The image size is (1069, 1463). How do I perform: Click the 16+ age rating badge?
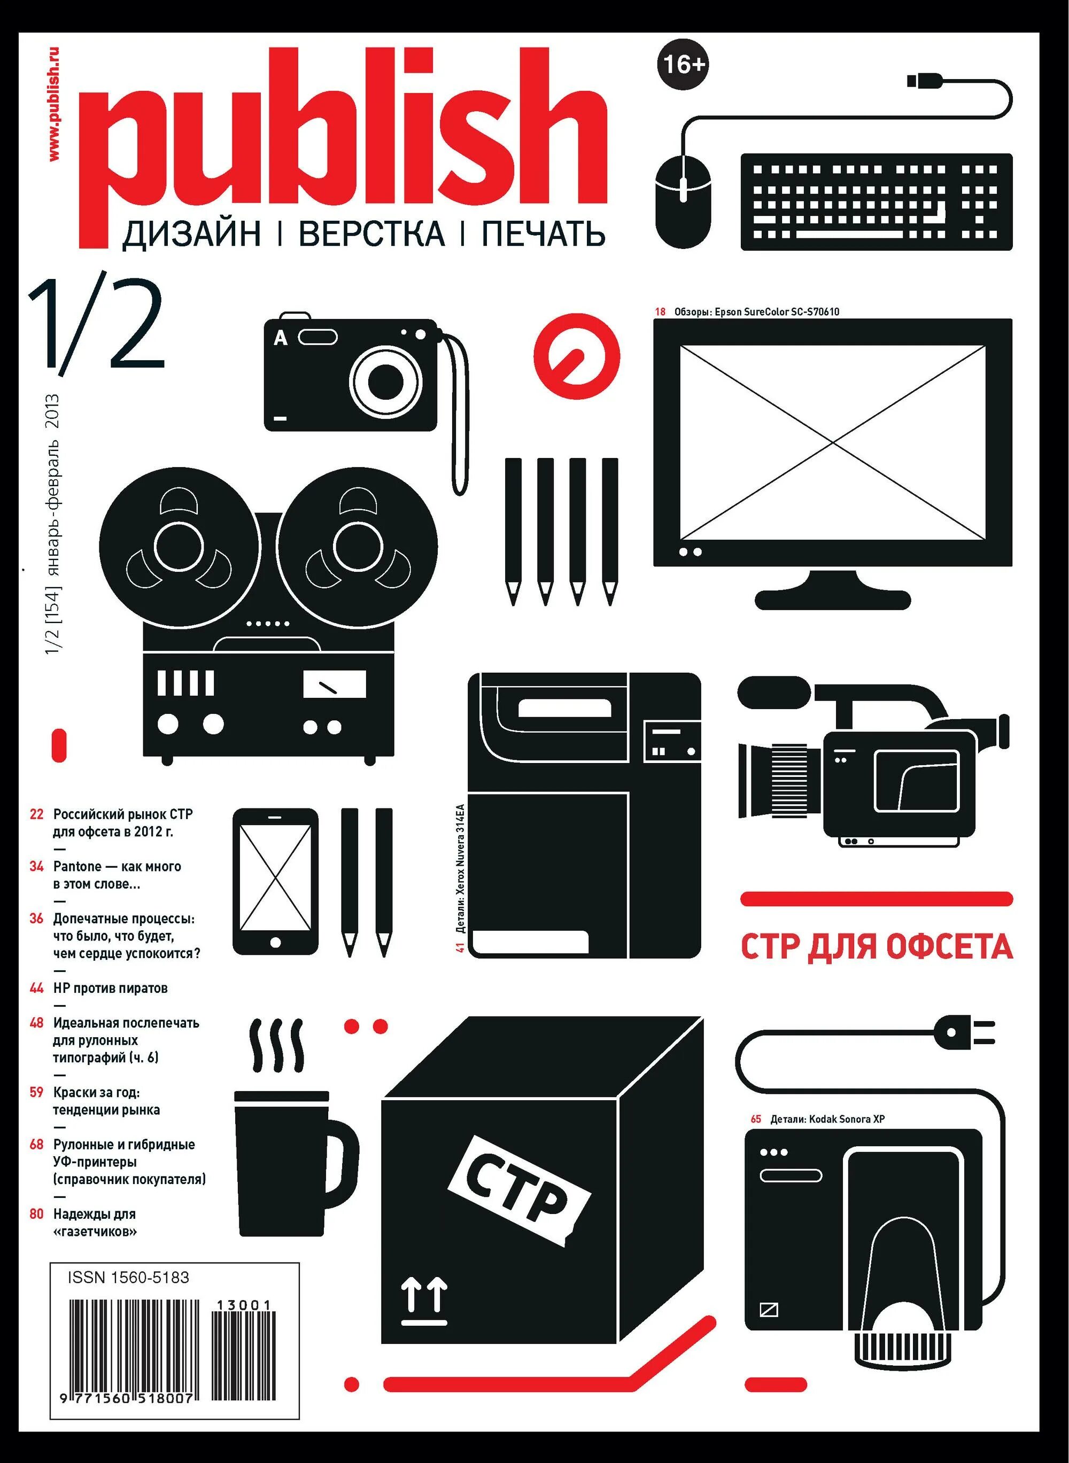pyautogui.click(x=683, y=64)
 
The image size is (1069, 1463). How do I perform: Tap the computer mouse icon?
pyautogui.click(x=683, y=201)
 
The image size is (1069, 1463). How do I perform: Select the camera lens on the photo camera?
pyautogui.click(x=386, y=382)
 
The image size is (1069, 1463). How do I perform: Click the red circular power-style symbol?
pyautogui.click(x=577, y=356)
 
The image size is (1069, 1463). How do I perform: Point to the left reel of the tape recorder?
pyautogui.click(x=179, y=546)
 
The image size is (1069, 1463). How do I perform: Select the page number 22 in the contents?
pyautogui.click(x=37, y=814)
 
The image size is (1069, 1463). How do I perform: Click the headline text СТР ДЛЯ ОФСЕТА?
pyautogui.click(x=876, y=947)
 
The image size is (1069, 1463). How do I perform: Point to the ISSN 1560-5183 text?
pyautogui.click(x=128, y=1278)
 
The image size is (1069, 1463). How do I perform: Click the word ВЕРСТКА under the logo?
pyautogui.click(x=371, y=234)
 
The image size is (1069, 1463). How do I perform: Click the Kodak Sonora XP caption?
pyautogui.click(x=827, y=1119)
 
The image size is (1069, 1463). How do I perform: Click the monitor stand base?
pyautogui.click(x=833, y=600)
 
